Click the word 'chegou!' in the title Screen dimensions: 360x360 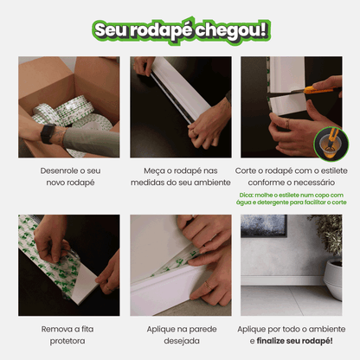[x=231, y=31]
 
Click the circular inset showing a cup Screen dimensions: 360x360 [x=331, y=144]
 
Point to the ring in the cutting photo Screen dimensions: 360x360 [x=287, y=124]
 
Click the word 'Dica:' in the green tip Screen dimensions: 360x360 [x=246, y=196]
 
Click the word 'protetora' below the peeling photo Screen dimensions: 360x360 [x=67, y=341]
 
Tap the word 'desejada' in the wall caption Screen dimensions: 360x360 [x=182, y=341]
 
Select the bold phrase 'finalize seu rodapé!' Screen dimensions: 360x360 [x=294, y=341]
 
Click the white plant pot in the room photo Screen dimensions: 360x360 [x=333, y=279]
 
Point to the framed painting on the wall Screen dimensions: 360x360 [x=264, y=225]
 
